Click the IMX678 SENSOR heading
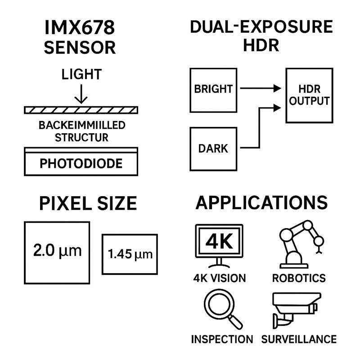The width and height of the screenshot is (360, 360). pos(80,38)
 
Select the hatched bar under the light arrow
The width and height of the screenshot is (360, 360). pos(81,110)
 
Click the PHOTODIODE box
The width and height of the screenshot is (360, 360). pos(81,163)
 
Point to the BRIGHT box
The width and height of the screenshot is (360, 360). pos(213,90)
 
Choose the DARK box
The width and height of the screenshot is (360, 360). pos(213,148)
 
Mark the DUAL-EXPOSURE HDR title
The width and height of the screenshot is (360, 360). pos(261,36)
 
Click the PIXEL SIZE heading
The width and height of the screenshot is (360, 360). pos(88,203)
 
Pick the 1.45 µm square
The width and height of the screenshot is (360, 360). pos(130,254)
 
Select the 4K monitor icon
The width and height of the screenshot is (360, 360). pos(220,246)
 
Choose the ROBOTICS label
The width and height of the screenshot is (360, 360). pos(299,278)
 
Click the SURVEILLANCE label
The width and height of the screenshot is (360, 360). pos(299,339)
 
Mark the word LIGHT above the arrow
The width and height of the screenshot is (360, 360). pos(81,74)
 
